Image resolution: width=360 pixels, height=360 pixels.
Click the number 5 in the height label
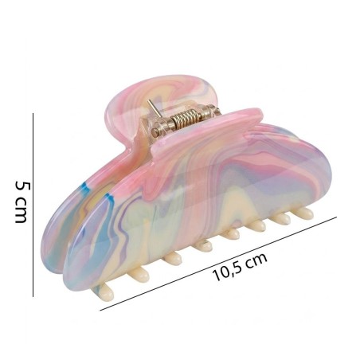click(x=22, y=186)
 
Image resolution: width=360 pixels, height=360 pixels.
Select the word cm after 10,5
click(x=256, y=259)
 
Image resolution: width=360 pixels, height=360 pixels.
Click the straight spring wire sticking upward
click(x=154, y=108)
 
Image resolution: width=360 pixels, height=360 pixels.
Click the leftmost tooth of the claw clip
click(x=104, y=291)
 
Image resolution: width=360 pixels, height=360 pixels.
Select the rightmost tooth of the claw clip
click(x=303, y=213)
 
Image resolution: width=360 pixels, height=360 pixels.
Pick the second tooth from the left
click(x=139, y=275)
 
